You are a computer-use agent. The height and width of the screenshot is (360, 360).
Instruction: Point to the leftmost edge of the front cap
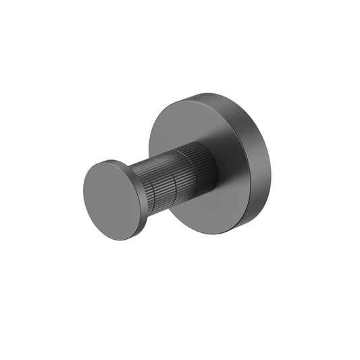(84, 196)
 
